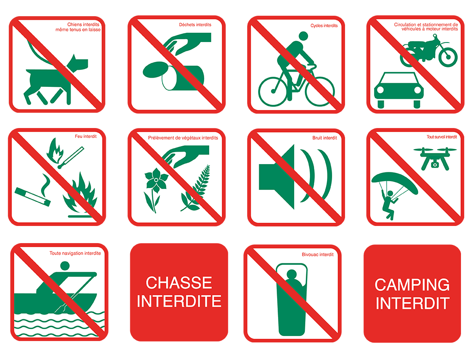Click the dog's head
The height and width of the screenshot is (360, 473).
tap(78, 63)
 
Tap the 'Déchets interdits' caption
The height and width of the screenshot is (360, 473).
tap(195, 25)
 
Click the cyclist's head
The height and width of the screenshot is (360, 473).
tap(303, 36)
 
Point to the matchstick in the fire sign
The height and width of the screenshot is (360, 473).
tap(71, 158)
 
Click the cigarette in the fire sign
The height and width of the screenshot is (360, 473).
tap(33, 196)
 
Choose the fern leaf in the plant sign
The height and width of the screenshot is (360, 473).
tap(195, 189)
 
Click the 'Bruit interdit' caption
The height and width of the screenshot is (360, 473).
tap(325, 138)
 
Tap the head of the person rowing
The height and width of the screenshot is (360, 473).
tap(65, 266)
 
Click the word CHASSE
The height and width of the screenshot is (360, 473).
tap(179, 283)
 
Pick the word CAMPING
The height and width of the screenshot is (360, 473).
tap(412, 285)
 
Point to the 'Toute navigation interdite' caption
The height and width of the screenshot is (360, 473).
tap(75, 253)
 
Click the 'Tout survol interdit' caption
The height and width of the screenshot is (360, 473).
tap(442, 137)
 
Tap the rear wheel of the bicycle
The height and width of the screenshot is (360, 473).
tap(273, 91)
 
